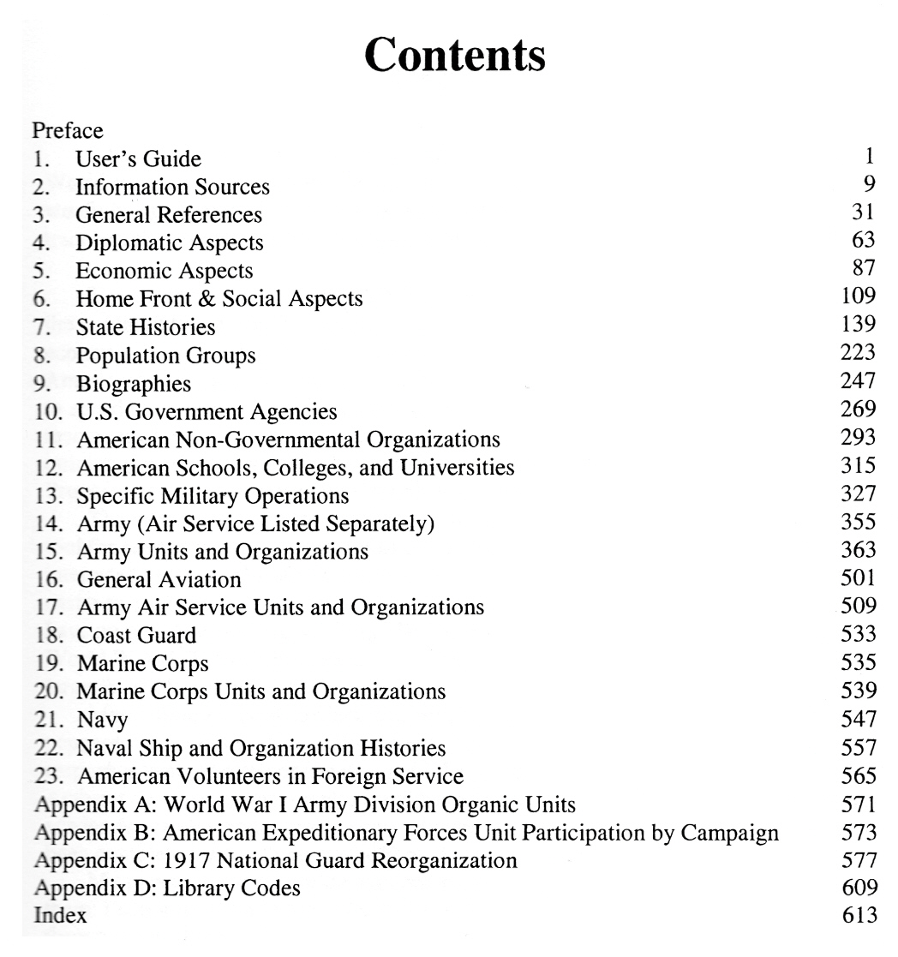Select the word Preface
[x=68, y=131]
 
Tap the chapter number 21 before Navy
[x=45, y=720]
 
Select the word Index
[x=59, y=915]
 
